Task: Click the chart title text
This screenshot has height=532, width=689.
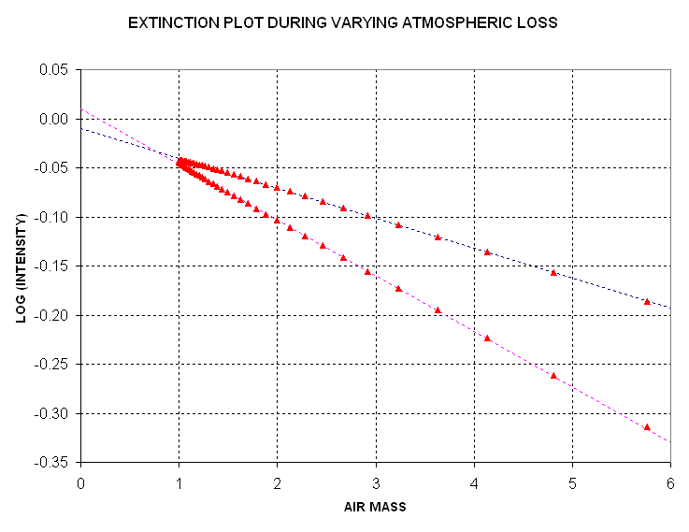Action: [x=343, y=22]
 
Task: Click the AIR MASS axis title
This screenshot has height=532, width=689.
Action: [x=375, y=507]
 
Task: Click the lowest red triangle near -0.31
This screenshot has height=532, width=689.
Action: [x=647, y=426]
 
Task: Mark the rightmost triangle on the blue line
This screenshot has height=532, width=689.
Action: [x=647, y=301]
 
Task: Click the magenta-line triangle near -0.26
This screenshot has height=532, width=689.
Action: [x=553, y=375]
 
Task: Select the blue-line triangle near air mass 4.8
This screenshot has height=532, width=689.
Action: [x=553, y=272]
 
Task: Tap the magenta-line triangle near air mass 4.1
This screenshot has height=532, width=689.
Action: [x=487, y=338]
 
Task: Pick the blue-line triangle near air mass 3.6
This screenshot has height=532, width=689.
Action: [x=438, y=237]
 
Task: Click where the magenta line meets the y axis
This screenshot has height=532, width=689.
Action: [x=81, y=108]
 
